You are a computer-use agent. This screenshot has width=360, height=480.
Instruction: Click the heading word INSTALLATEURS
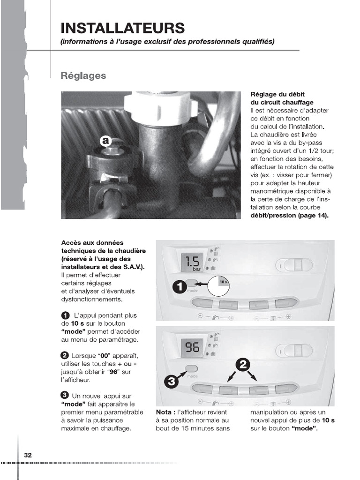coord(122,28)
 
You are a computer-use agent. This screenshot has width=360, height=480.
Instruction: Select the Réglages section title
coord(83,75)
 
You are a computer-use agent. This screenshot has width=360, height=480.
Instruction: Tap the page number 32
coord(28,455)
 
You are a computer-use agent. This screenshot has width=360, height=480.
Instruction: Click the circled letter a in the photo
coord(105,140)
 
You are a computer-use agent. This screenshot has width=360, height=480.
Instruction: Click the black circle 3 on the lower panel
coord(172,382)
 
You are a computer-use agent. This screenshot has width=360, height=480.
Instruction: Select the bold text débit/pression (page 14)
coord(290,215)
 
